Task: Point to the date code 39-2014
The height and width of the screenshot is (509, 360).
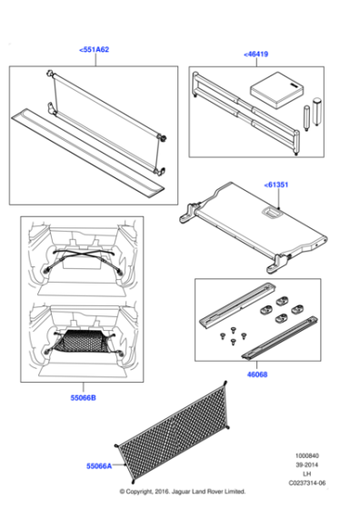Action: coord(305,465)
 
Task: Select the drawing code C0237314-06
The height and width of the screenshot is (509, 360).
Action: coord(305,485)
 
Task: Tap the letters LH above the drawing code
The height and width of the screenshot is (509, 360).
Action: coord(305,475)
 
